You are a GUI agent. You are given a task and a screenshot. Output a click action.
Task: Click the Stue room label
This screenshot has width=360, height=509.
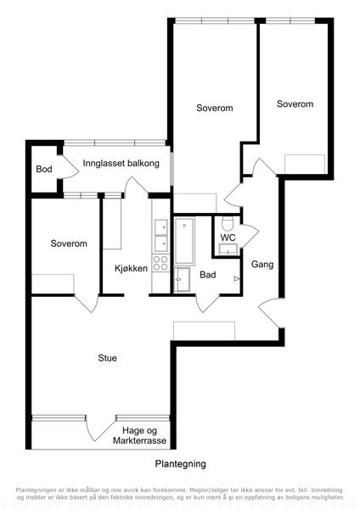coord(107,358)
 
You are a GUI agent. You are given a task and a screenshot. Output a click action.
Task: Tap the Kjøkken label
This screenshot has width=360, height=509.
coord(131,268)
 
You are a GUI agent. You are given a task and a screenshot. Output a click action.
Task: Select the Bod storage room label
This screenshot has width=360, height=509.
coord(44,169)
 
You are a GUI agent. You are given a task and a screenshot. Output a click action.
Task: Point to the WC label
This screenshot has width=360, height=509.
coord(228,238)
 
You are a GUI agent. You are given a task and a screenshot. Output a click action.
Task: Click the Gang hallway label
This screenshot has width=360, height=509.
coord(262,265)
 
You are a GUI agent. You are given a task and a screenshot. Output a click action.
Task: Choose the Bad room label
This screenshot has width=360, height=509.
coord(208,275)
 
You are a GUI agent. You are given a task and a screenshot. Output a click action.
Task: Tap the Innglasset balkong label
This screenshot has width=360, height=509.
coord(121,163)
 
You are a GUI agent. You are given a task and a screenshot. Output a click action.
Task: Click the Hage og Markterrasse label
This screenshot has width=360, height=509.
coord(140,436)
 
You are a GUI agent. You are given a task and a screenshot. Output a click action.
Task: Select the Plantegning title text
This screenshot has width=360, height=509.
coord(180,464)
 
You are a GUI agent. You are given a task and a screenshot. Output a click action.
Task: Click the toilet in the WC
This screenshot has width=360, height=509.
coord(228,224)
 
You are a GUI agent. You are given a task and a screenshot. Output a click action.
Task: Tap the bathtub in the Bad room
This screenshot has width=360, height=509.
coord(184,241)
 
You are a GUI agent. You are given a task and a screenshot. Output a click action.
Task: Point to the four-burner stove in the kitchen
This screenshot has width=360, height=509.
coord(160,263)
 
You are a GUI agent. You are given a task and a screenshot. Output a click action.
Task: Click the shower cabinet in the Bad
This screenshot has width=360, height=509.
coord(182,280)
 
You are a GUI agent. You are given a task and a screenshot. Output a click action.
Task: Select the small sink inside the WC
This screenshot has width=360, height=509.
coord(228,249)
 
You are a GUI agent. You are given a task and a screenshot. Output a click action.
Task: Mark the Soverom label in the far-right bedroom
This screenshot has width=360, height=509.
coord(295,103)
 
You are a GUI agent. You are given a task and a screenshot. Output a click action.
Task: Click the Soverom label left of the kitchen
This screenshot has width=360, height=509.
coord(69,243)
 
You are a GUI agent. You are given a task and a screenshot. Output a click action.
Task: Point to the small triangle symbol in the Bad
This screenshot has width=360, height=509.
coord(237,279)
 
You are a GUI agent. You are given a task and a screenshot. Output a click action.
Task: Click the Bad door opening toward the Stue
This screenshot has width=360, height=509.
coord(207,304)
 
